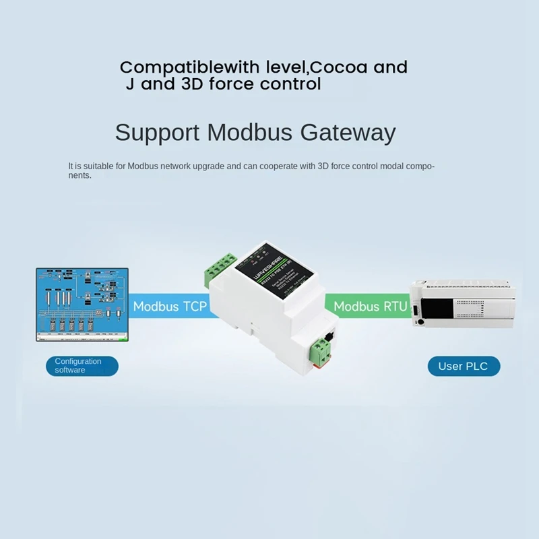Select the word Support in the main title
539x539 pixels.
(156, 133)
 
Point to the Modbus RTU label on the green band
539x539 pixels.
(371, 307)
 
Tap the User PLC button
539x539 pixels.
(464, 366)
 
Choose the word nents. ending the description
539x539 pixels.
(80, 175)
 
